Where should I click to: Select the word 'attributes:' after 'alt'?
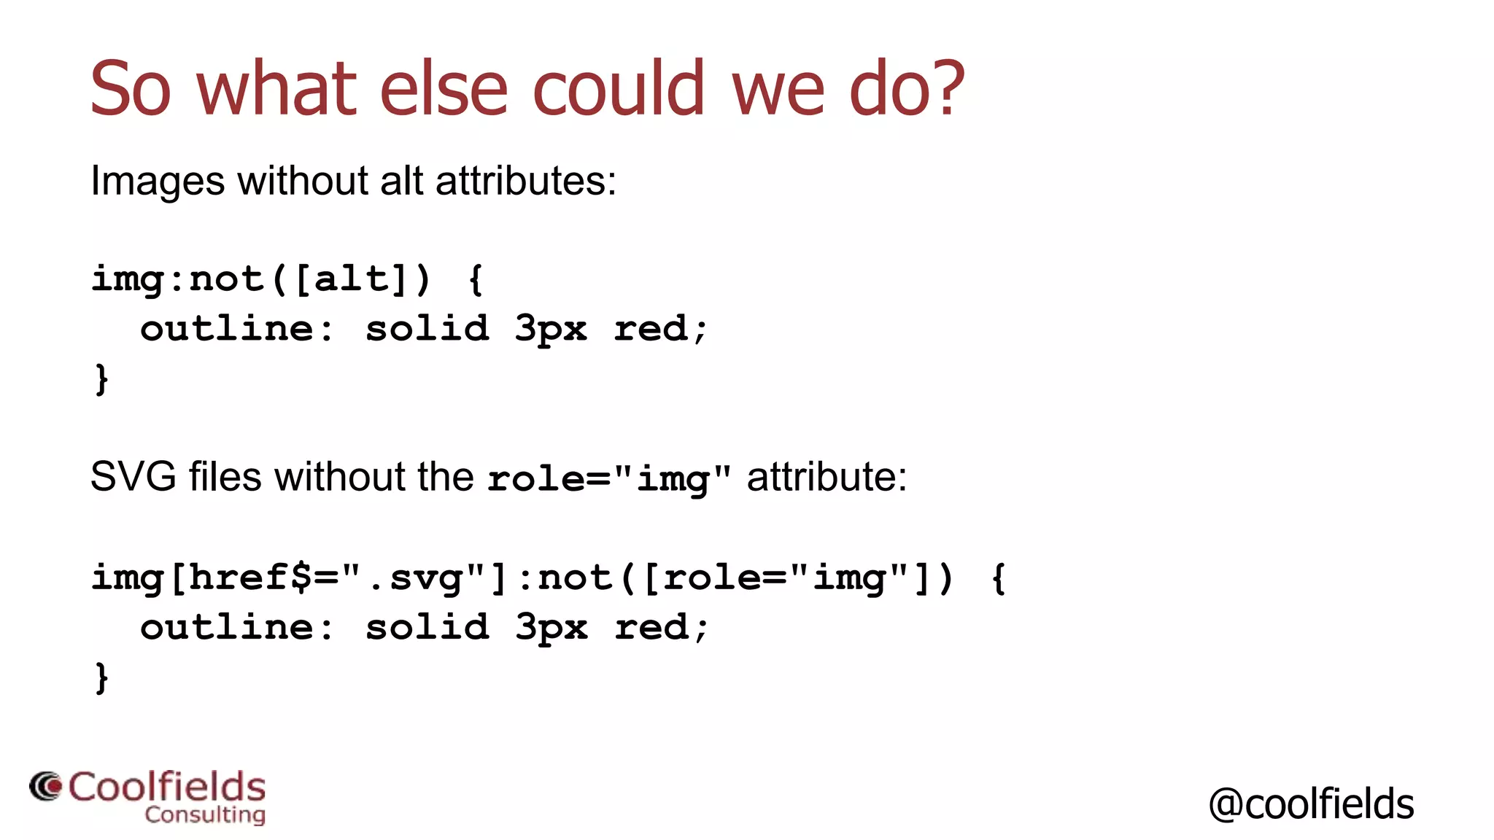[x=525, y=180]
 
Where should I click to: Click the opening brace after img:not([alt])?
[x=476, y=279]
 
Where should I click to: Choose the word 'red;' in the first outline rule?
[x=660, y=328]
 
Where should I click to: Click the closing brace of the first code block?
[x=101, y=378]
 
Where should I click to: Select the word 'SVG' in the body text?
[x=133, y=477]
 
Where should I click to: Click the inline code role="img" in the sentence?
[x=609, y=478]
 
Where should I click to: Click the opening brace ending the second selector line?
[x=999, y=577]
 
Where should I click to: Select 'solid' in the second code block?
[x=427, y=627]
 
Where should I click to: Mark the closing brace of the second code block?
[x=101, y=677]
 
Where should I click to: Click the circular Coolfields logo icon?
[x=46, y=787]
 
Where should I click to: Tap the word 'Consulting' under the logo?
[x=205, y=814]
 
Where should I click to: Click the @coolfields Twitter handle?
[x=1311, y=804]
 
